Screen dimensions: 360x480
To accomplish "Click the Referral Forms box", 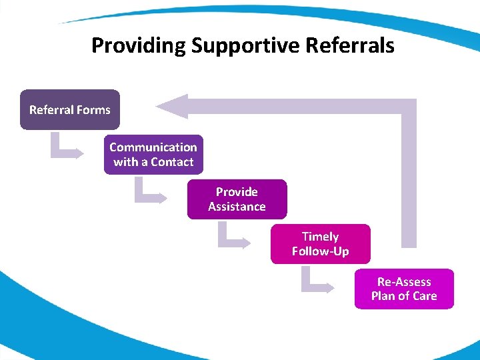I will (x=70, y=109).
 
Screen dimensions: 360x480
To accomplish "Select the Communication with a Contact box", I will (x=153, y=155).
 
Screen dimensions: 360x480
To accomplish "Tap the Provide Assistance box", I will (x=237, y=199).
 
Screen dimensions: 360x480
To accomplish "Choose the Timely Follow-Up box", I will (x=320, y=244).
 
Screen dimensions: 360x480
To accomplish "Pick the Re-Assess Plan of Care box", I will (x=404, y=289).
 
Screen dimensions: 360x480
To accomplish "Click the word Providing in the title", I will (x=139, y=46).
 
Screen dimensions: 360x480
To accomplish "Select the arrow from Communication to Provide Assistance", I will (x=149, y=193).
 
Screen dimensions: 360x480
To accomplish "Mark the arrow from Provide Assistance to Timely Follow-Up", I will (x=232, y=237).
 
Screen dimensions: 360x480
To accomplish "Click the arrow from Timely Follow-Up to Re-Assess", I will (x=315, y=282).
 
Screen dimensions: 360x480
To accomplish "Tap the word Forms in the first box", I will (x=93, y=110).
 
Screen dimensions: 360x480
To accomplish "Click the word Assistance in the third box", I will (x=237, y=207).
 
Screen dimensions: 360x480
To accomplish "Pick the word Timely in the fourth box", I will (x=320, y=237).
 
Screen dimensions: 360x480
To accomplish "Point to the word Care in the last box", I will (x=425, y=296).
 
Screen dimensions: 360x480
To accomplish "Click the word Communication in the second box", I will (x=153, y=147).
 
